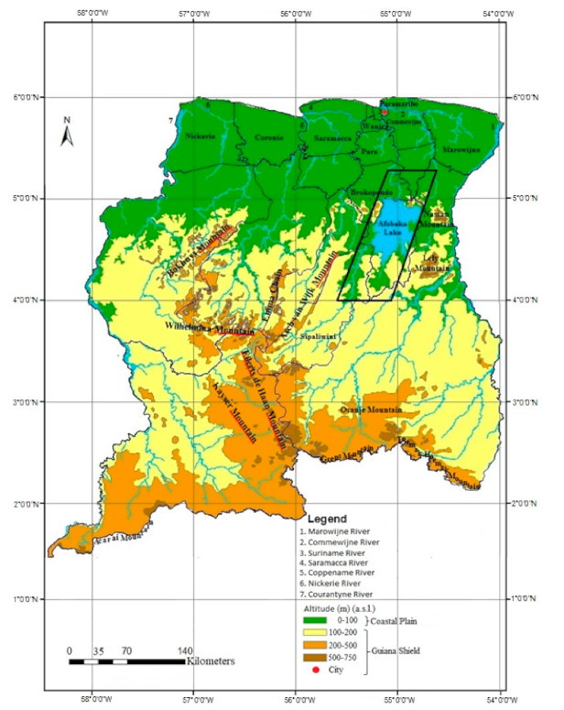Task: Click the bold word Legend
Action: pos(327,519)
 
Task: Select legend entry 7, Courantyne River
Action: pos(344,592)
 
